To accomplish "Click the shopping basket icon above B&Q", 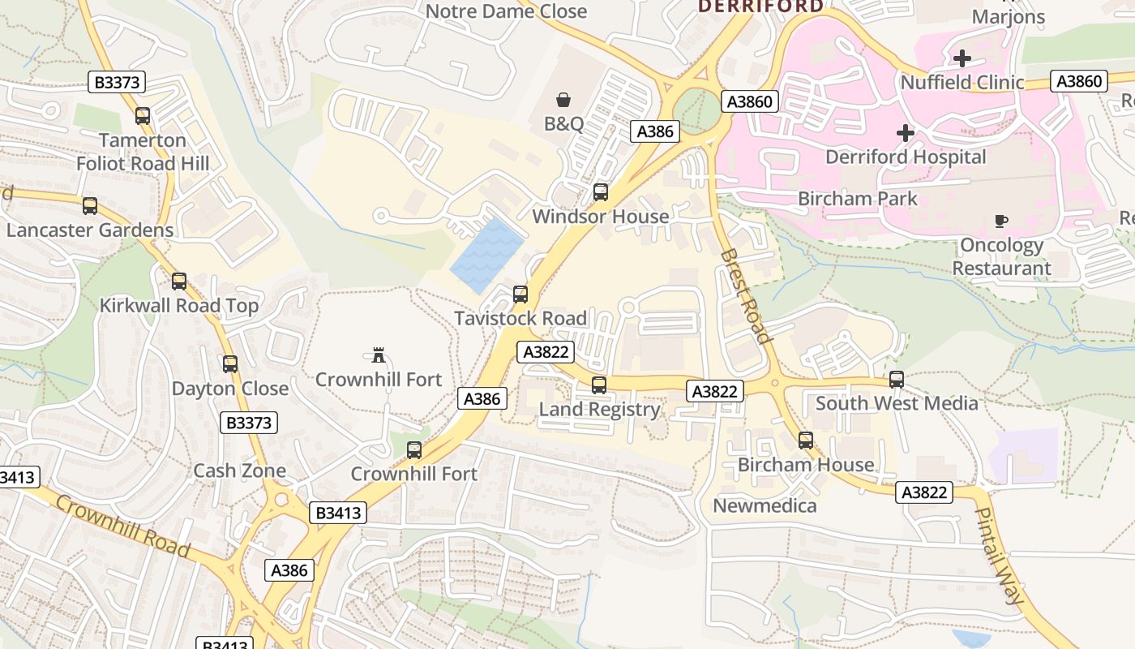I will [563, 100].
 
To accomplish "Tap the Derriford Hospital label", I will [906, 157].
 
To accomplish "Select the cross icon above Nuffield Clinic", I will [962, 58].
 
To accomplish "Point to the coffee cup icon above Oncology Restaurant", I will [1001, 221].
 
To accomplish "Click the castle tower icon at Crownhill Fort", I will [378, 355].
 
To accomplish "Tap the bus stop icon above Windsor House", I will [601, 192].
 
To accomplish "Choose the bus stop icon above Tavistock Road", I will [520, 294].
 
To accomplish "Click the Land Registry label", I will [599, 409].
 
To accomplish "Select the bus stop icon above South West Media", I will [897, 380].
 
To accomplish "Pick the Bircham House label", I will [806, 465].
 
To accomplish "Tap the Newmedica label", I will [765, 505].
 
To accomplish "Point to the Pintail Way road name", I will [998, 557].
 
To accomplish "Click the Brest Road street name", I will [743, 296].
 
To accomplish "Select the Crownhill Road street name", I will [123, 527].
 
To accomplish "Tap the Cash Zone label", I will [239, 471].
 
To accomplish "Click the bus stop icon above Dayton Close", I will [230, 364].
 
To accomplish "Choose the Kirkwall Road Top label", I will [178, 306].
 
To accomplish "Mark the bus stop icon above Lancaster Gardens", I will [90, 206].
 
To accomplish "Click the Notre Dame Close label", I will [506, 11].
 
